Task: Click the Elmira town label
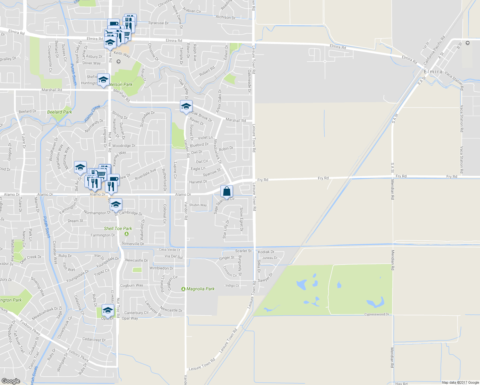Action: coord(433,72)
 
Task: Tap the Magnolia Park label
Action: coord(200,289)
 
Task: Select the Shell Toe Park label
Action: coord(118,228)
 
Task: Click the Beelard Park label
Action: coord(60,112)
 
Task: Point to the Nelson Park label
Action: coord(121,84)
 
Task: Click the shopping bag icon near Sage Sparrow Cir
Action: coord(227,192)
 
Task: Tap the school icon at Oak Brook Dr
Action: coord(186,106)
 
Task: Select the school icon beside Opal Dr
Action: coord(108,310)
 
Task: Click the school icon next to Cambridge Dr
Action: coord(116,204)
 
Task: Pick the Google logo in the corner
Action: coord(11,381)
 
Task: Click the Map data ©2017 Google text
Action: coord(460,382)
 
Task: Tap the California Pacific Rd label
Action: coord(434,51)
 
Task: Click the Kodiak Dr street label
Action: coord(266,252)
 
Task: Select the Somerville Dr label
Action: coord(133,244)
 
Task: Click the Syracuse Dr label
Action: coord(159,23)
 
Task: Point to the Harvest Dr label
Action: coord(198,182)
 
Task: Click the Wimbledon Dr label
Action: coord(161,268)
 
